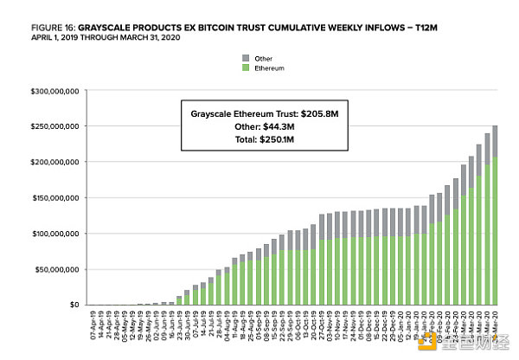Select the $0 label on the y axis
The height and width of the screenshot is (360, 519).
pos(74,305)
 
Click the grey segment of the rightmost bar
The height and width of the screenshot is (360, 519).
pos(495,141)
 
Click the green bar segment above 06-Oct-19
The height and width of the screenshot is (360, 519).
pos(295,277)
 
